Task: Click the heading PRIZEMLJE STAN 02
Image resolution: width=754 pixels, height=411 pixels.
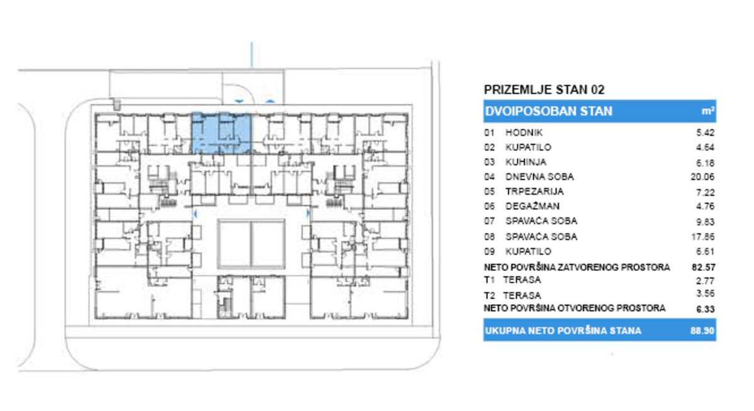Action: [544, 90]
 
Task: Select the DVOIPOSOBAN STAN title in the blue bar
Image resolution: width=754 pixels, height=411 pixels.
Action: [549, 111]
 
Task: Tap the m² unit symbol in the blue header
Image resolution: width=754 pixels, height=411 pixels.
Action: [708, 111]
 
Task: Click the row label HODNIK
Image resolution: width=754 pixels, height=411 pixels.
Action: [524, 133]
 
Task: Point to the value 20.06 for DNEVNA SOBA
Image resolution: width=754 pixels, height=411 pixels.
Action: [702, 177]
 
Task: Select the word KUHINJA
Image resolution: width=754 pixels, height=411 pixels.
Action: [526, 162]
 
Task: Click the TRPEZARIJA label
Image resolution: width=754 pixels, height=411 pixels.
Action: [535, 192]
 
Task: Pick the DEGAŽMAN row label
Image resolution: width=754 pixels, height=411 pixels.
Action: [533, 206]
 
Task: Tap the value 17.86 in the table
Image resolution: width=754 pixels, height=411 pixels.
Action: [703, 237]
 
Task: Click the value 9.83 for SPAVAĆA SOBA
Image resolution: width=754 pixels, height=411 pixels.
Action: [705, 222]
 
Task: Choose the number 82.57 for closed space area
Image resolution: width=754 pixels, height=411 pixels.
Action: [704, 267]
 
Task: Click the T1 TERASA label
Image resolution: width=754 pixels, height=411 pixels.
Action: [512, 280]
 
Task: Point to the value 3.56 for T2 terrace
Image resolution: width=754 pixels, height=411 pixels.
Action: [705, 293]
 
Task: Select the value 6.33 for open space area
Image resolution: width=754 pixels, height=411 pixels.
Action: [705, 309]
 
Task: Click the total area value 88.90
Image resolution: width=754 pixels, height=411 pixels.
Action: [702, 331]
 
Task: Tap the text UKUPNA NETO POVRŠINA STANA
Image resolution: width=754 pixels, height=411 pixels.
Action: [563, 331]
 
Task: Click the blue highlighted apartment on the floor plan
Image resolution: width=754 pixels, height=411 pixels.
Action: [221, 134]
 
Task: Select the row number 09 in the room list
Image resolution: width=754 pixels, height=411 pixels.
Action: [489, 251]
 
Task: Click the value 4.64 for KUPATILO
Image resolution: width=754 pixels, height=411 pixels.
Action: [705, 148]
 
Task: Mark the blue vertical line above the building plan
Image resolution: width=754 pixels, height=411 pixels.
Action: [251, 55]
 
